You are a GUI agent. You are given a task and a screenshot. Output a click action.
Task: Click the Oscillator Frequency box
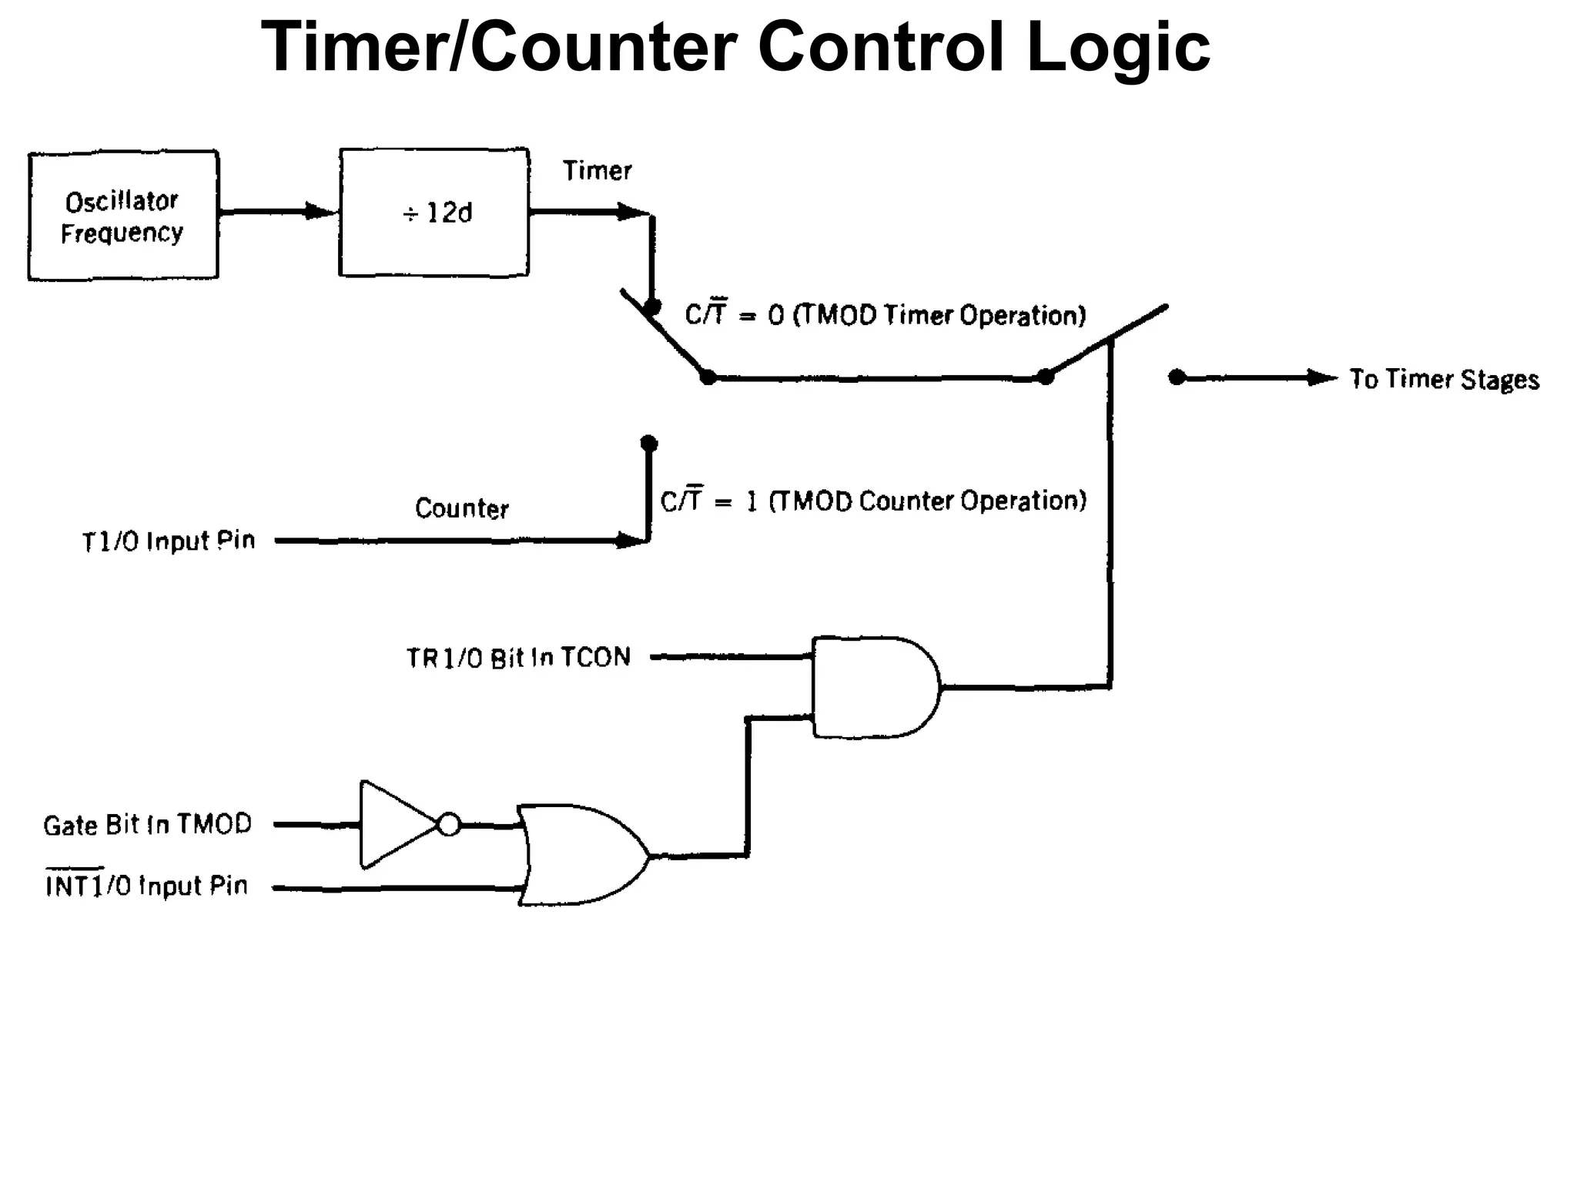point(123,216)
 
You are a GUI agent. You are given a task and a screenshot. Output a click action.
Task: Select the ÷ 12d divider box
point(434,213)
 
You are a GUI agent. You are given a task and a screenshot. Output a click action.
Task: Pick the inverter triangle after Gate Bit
point(393,825)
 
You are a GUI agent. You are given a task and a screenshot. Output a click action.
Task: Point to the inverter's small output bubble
point(449,825)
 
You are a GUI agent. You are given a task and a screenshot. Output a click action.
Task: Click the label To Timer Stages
point(1444,379)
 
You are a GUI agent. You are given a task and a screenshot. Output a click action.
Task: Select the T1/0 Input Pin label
point(169,541)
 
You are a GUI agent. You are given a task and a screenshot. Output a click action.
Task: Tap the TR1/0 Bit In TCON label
point(518,658)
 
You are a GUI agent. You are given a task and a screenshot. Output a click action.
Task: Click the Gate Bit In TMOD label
point(147,825)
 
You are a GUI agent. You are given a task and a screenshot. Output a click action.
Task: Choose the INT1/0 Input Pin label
point(147,886)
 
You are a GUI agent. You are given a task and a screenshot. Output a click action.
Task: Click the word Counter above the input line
point(462,508)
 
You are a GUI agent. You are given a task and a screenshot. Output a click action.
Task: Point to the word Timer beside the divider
point(597,170)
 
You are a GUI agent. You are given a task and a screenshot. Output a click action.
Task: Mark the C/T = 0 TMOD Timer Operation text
point(886,315)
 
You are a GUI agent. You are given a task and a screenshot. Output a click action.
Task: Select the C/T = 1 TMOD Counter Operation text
point(873,501)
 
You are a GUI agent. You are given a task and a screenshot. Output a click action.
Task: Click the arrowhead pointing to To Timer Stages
point(1322,377)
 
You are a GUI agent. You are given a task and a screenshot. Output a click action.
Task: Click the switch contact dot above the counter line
point(649,444)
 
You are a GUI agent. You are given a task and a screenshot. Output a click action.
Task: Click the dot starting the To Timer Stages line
point(1177,377)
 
